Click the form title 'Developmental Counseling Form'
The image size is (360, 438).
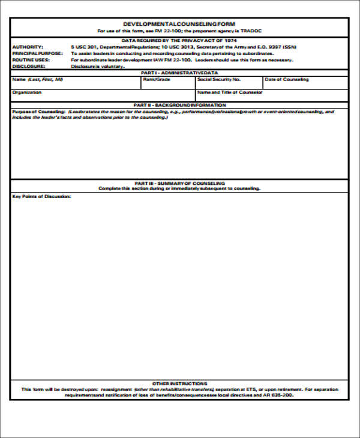point(179,24)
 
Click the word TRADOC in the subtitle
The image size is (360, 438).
point(253,31)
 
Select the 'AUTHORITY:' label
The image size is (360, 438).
point(27,46)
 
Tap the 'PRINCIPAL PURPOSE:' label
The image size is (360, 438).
point(37,53)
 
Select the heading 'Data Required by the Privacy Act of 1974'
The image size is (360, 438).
point(179,40)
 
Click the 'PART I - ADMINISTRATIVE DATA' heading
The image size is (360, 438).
point(179,72)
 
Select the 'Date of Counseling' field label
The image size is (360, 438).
point(287,79)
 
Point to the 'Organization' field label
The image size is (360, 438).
point(27,92)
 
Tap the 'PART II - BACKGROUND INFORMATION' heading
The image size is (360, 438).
point(179,105)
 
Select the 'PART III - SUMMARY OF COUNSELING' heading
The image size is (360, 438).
point(179,182)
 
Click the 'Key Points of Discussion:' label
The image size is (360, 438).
point(41,196)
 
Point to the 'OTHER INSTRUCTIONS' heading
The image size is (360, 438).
point(179,383)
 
